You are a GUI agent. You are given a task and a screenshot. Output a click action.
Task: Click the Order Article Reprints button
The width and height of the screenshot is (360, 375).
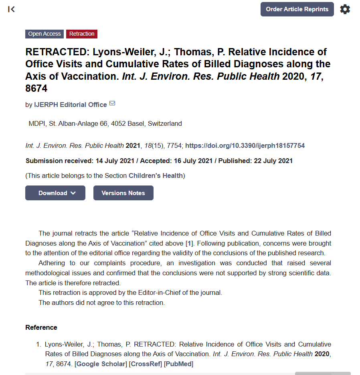tap(297, 9)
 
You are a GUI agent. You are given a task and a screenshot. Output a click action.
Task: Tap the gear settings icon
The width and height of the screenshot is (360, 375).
tap(345, 9)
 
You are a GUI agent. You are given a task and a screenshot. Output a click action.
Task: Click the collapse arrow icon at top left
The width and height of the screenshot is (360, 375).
tap(12, 9)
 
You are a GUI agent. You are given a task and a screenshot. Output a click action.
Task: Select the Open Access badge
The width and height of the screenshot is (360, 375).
tap(44, 34)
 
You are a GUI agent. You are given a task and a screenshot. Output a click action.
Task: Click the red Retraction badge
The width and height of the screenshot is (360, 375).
tap(82, 34)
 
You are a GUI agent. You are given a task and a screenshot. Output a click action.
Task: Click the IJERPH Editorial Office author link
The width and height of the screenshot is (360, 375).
tap(71, 105)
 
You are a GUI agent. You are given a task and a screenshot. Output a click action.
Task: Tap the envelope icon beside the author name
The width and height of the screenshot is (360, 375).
tap(112, 104)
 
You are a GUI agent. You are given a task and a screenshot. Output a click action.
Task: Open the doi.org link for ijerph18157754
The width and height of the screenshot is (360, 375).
tap(245, 146)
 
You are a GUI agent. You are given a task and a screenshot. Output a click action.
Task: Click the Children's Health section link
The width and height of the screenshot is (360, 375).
tap(156, 175)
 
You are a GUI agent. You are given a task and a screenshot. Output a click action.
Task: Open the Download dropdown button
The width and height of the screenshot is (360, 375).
tap(55, 193)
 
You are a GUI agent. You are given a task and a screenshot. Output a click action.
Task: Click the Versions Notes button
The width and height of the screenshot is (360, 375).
tap(123, 193)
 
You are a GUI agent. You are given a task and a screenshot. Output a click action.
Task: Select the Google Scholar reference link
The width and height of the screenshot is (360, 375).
tap(101, 364)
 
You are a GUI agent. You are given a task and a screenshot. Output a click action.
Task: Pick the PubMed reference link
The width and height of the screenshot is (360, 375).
tap(179, 364)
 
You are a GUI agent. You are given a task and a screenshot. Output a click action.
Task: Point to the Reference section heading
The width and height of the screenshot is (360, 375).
tap(41, 327)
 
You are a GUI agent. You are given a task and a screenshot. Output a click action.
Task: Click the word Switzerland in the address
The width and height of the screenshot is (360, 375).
tap(165, 124)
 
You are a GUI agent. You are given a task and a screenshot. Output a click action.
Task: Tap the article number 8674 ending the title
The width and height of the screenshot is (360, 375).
tap(36, 89)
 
